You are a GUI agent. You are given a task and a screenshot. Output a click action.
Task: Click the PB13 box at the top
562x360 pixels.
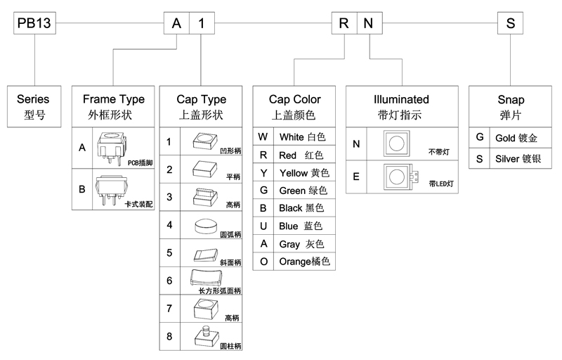click(x=32, y=23)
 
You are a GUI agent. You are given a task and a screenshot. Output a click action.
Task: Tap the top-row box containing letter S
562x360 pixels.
click(x=511, y=23)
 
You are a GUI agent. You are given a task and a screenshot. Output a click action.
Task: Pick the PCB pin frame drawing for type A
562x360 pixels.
click(x=110, y=146)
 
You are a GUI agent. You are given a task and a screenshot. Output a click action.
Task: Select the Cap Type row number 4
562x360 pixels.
click(x=169, y=225)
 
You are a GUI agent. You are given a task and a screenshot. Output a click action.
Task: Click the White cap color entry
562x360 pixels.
click(x=302, y=136)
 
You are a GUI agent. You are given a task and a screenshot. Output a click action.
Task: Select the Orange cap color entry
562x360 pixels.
click(x=304, y=262)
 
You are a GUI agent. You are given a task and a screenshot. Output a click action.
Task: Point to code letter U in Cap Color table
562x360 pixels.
click(x=263, y=226)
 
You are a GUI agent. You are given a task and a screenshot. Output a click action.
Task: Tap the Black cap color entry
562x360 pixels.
click(x=300, y=208)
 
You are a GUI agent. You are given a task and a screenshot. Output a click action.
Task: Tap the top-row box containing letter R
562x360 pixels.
click(x=344, y=23)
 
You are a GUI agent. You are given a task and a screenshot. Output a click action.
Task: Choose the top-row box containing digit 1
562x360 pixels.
click(x=202, y=23)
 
